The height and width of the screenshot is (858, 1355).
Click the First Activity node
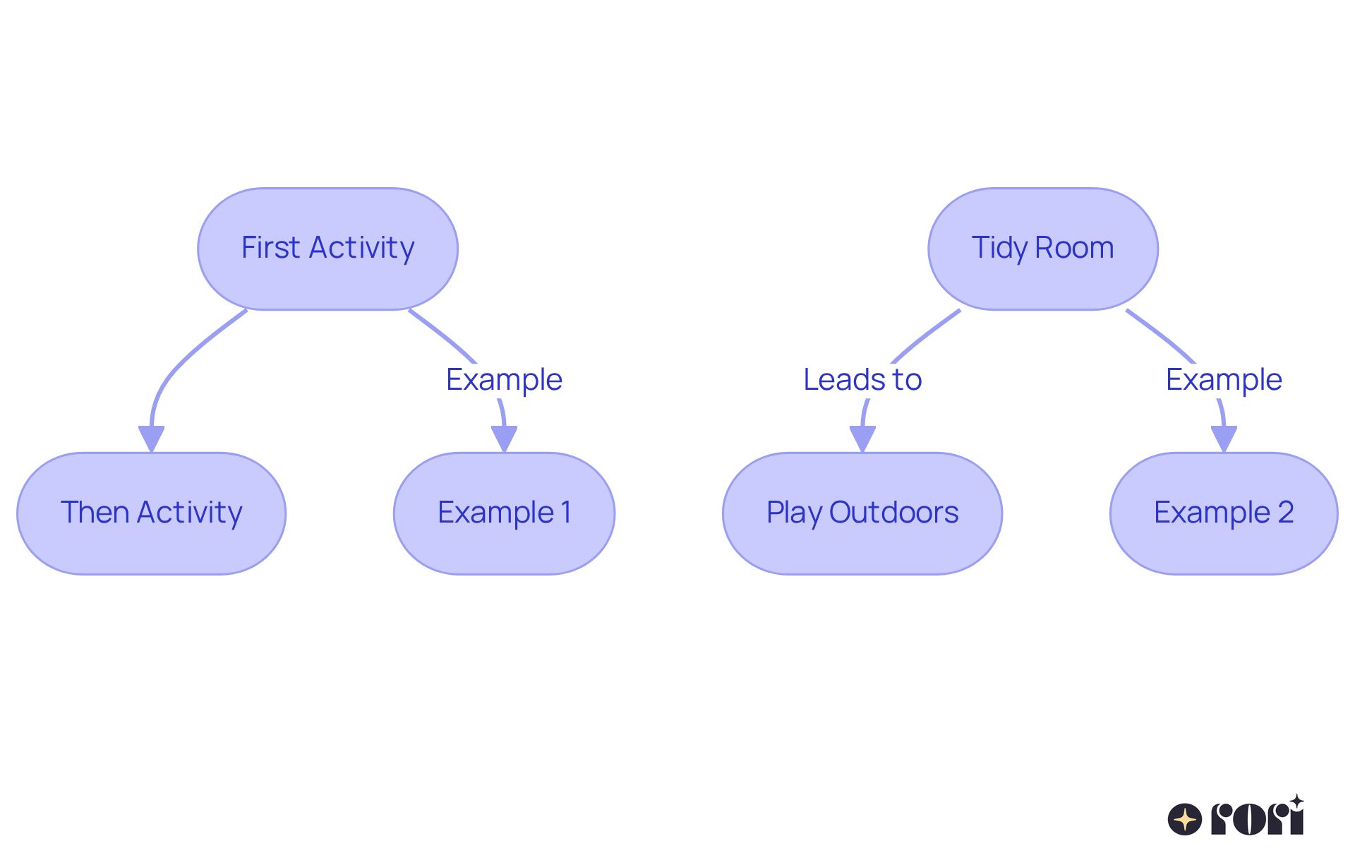coord(327,249)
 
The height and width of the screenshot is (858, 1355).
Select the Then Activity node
coord(151,513)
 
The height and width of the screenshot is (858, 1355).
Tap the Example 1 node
coord(504,513)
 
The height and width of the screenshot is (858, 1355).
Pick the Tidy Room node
coord(1042,249)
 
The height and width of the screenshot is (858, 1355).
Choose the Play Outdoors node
coord(862,513)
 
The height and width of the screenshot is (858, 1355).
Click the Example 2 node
coord(1223,513)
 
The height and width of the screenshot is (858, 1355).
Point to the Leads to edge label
coord(862,380)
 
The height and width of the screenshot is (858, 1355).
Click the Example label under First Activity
coord(504,380)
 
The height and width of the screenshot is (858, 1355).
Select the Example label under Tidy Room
coord(1223,380)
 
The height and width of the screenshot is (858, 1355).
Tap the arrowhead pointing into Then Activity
coord(151,438)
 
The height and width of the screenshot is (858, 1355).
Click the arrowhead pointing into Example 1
coord(504,438)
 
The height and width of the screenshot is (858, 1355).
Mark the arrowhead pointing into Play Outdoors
coord(862,438)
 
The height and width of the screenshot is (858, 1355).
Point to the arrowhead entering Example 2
coord(1223,438)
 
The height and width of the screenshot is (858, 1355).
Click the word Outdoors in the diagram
coord(893,513)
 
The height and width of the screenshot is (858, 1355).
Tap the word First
coord(270,248)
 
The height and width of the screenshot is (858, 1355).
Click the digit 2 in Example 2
coord(1285,513)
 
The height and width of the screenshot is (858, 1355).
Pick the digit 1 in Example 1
coord(565,513)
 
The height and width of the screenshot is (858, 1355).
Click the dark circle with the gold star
coord(1184,819)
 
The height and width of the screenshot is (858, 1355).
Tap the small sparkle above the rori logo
coord(1296,802)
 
